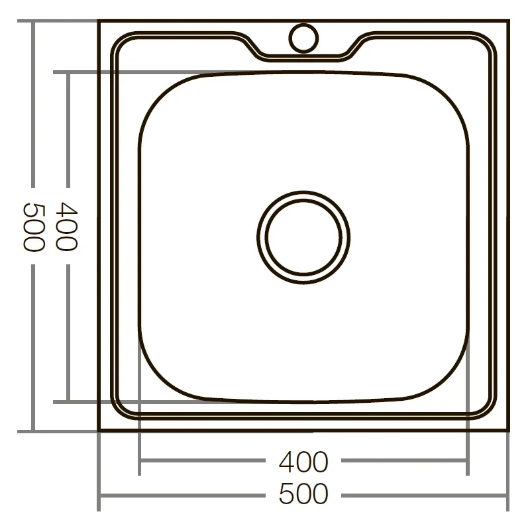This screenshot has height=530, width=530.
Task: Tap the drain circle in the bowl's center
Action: pyautogui.click(x=303, y=235)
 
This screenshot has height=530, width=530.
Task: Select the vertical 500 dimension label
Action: pyautogui.click(x=33, y=226)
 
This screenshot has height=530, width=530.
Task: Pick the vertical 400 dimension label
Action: pyautogui.click(x=66, y=226)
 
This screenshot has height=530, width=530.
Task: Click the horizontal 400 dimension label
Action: pyautogui.click(x=303, y=462)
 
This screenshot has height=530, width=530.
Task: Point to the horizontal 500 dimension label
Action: pyautogui.click(x=303, y=494)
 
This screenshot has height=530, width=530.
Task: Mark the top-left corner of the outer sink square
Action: pyautogui.click(x=99, y=21)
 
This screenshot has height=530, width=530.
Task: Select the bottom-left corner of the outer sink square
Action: pyautogui.click(x=99, y=431)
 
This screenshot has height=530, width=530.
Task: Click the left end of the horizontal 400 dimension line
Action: pyautogui.click(x=139, y=462)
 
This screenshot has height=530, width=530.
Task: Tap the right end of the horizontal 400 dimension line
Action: pyautogui.click(x=468, y=462)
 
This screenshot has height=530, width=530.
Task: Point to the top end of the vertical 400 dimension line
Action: pyautogui.click(x=67, y=72)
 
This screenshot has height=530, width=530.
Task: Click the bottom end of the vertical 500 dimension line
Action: pyautogui.click(x=33, y=431)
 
